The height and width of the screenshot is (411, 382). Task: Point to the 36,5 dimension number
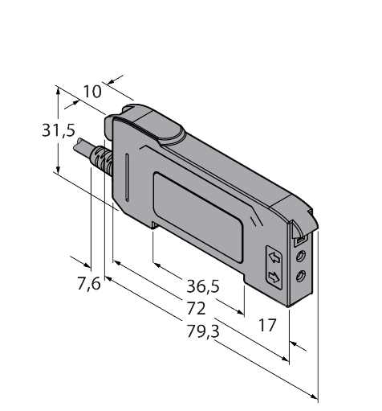click(203, 286)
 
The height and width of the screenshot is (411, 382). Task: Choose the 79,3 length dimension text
click(201, 331)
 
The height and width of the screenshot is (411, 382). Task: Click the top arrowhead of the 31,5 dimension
click(59, 91)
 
